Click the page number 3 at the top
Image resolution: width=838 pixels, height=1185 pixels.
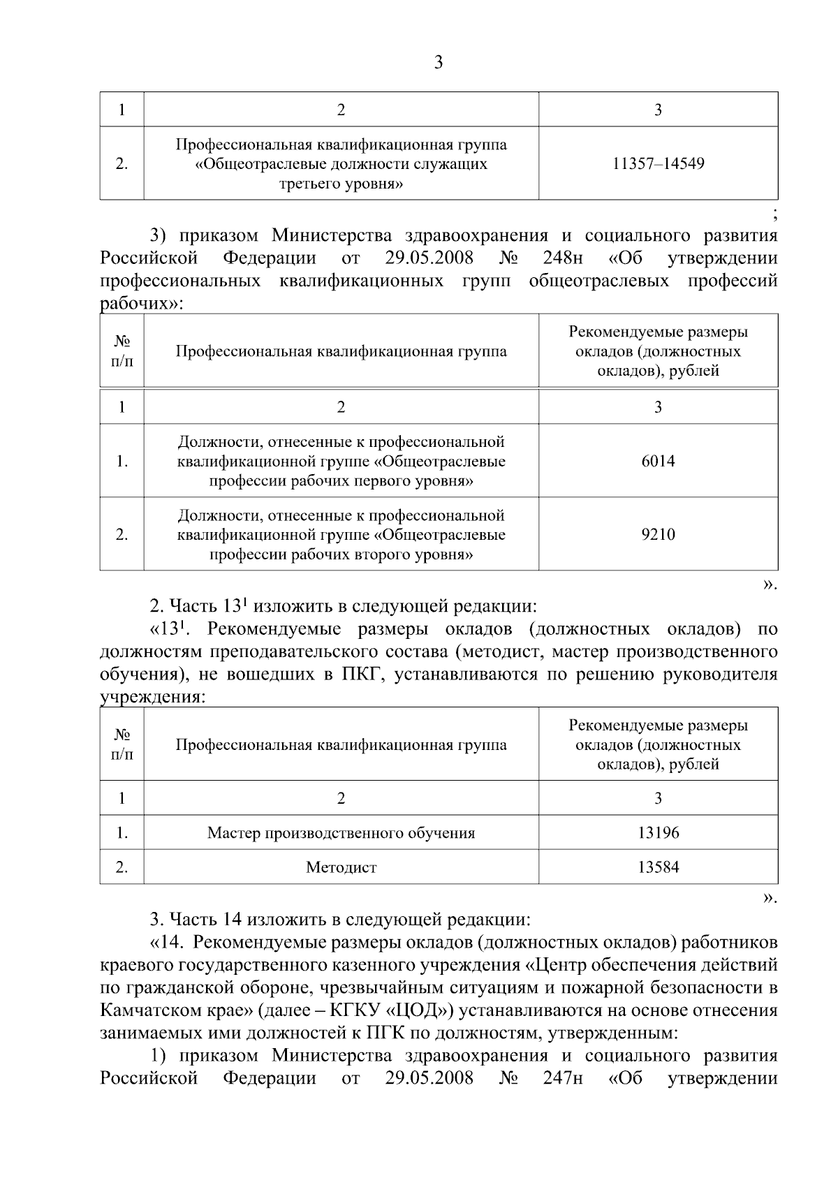438,63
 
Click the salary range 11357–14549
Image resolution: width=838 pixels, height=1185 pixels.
658,164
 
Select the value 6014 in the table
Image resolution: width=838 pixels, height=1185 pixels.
658,461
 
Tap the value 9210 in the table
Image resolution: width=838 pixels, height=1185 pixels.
658,535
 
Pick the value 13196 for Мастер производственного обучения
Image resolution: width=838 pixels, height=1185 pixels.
658,832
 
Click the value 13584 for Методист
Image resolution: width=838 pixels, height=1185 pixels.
658,867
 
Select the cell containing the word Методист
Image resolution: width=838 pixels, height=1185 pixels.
341,868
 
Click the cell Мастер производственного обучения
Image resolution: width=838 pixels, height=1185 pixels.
341,833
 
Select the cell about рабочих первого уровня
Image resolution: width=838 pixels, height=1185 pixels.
341,461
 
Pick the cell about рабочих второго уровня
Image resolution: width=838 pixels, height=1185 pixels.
341,535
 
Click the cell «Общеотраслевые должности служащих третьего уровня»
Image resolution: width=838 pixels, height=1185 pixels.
341,164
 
